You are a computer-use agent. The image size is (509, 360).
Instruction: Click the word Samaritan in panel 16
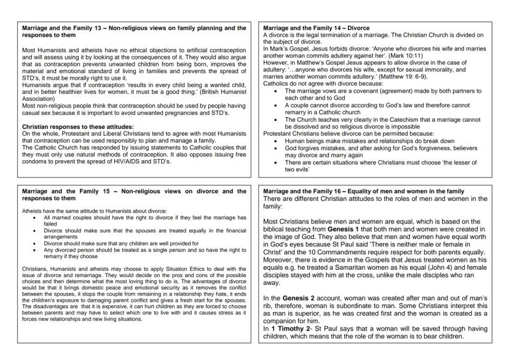click(x=368, y=267)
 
